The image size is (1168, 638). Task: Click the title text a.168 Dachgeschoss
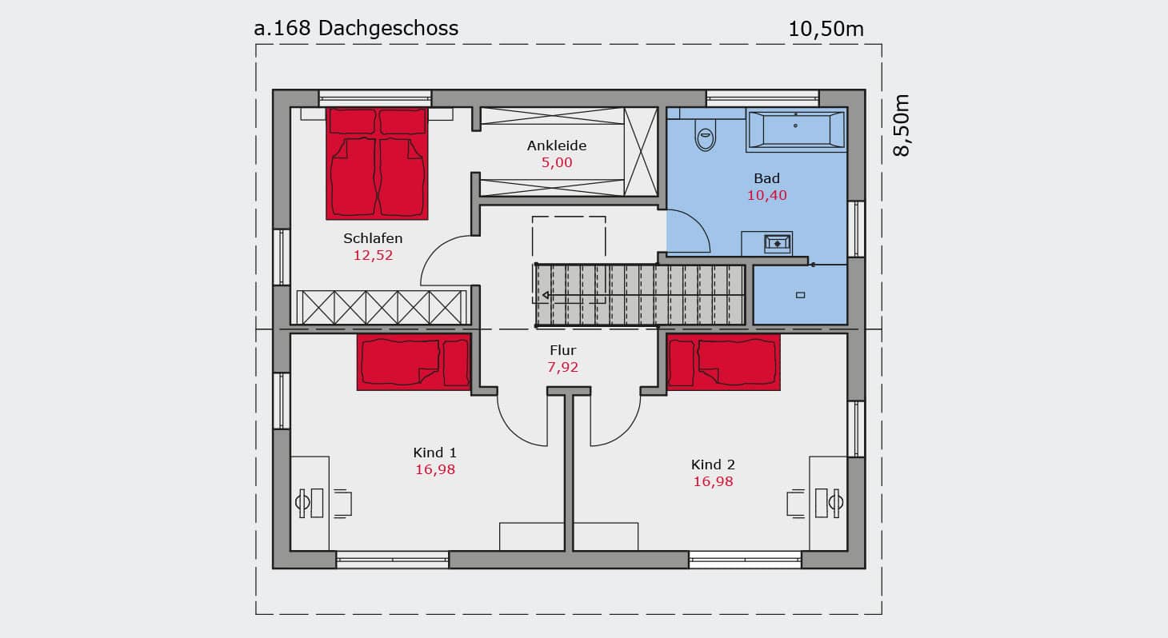pyautogui.click(x=356, y=28)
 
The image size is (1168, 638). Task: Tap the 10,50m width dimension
pyautogui.click(x=826, y=30)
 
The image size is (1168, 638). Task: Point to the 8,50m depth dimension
pyautogui.click(x=901, y=125)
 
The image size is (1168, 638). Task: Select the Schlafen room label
pyautogui.click(x=373, y=238)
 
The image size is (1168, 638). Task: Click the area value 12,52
pyautogui.click(x=373, y=255)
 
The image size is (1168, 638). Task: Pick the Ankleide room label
pyautogui.click(x=556, y=146)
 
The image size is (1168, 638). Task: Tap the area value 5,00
pyautogui.click(x=556, y=162)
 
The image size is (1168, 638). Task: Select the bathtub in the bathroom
pyautogui.click(x=796, y=130)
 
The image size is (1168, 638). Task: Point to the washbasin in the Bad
pyautogui.click(x=778, y=243)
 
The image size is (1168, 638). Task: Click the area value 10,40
pyautogui.click(x=767, y=195)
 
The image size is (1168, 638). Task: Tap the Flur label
pyautogui.click(x=562, y=350)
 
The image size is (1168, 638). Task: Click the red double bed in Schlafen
pyautogui.click(x=377, y=164)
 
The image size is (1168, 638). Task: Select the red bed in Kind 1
pyautogui.click(x=414, y=362)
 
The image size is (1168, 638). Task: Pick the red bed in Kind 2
pyautogui.click(x=724, y=362)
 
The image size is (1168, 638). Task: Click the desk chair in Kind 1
pyautogui.click(x=342, y=504)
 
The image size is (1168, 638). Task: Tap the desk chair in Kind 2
pyautogui.click(x=796, y=504)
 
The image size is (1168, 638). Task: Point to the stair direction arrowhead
pyautogui.click(x=546, y=295)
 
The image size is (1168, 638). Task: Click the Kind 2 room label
pyautogui.click(x=713, y=465)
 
